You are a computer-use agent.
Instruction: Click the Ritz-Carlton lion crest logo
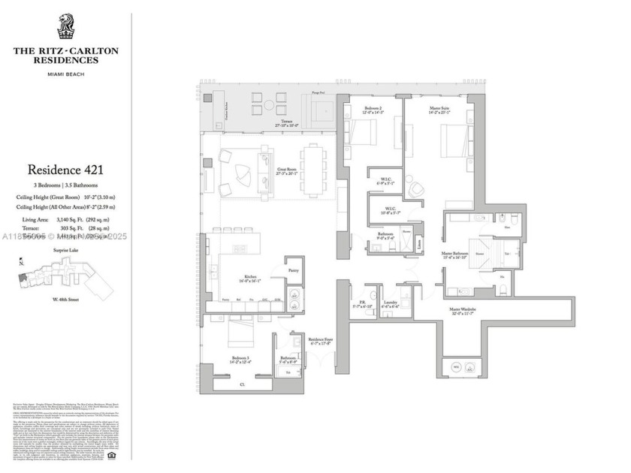click(x=65, y=27)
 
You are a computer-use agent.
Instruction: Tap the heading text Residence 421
click(x=65, y=170)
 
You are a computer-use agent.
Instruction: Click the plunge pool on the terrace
click(x=317, y=109)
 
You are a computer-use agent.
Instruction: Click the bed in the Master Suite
click(x=454, y=139)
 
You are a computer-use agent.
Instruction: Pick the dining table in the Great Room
click(x=310, y=170)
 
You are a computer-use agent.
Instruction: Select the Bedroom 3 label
click(x=241, y=359)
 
